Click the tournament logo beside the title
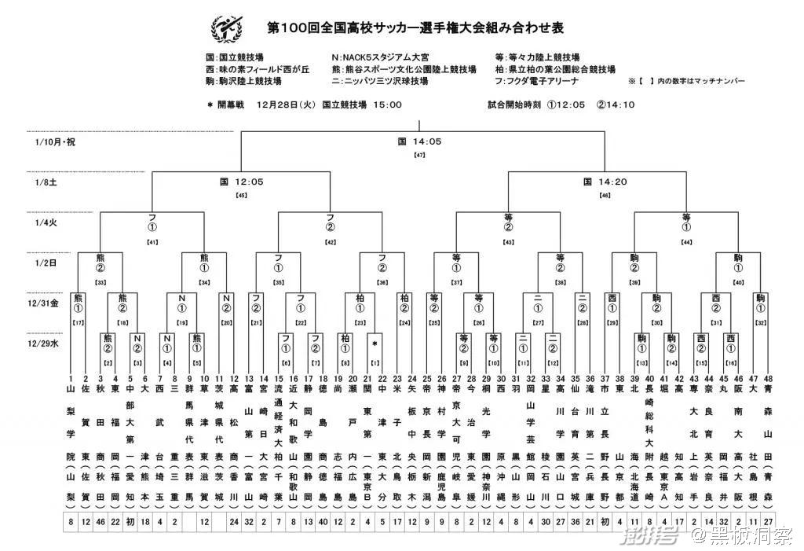[x=227, y=28]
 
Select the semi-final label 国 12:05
[x=241, y=182]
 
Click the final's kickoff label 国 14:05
[x=419, y=142]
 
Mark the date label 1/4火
[x=46, y=222]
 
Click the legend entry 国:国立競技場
[x=234, y=58]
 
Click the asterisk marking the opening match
[x=375, y=344]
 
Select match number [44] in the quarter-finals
[x=687, y=242]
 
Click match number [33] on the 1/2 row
[x=100, y=282]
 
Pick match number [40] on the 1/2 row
[x=738, y=282]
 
